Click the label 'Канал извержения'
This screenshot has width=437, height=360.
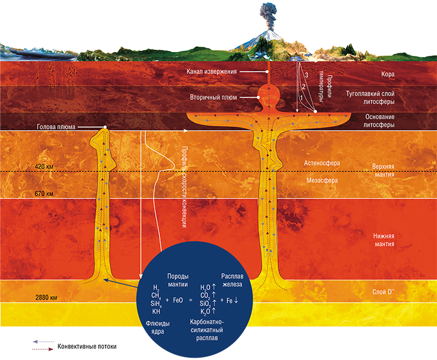[211, 72]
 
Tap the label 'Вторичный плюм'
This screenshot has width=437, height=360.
[214, 98]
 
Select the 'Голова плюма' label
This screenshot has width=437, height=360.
[56, 127]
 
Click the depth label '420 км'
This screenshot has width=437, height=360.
[44, 167]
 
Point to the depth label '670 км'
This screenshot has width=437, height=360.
[44, 193]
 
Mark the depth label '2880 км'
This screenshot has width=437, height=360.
[46, 297]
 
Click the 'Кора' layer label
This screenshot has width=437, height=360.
[387, 74]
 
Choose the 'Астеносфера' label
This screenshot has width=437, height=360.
[322, 163]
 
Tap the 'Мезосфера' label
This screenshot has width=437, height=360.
[322, 180]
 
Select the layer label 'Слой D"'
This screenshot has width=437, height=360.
[383, 292]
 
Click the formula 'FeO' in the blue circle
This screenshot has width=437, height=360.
[178, 300]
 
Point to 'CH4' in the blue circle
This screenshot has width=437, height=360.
[156, 296]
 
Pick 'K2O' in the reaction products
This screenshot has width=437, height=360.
[206, 312]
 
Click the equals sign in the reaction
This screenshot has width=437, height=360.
[191, 300]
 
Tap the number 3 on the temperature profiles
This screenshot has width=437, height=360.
[306, 75]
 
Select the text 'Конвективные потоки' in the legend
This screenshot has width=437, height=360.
[87, 346]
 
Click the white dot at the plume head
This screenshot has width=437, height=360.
[105, 127]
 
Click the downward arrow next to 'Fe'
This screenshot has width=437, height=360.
[236, 300]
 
